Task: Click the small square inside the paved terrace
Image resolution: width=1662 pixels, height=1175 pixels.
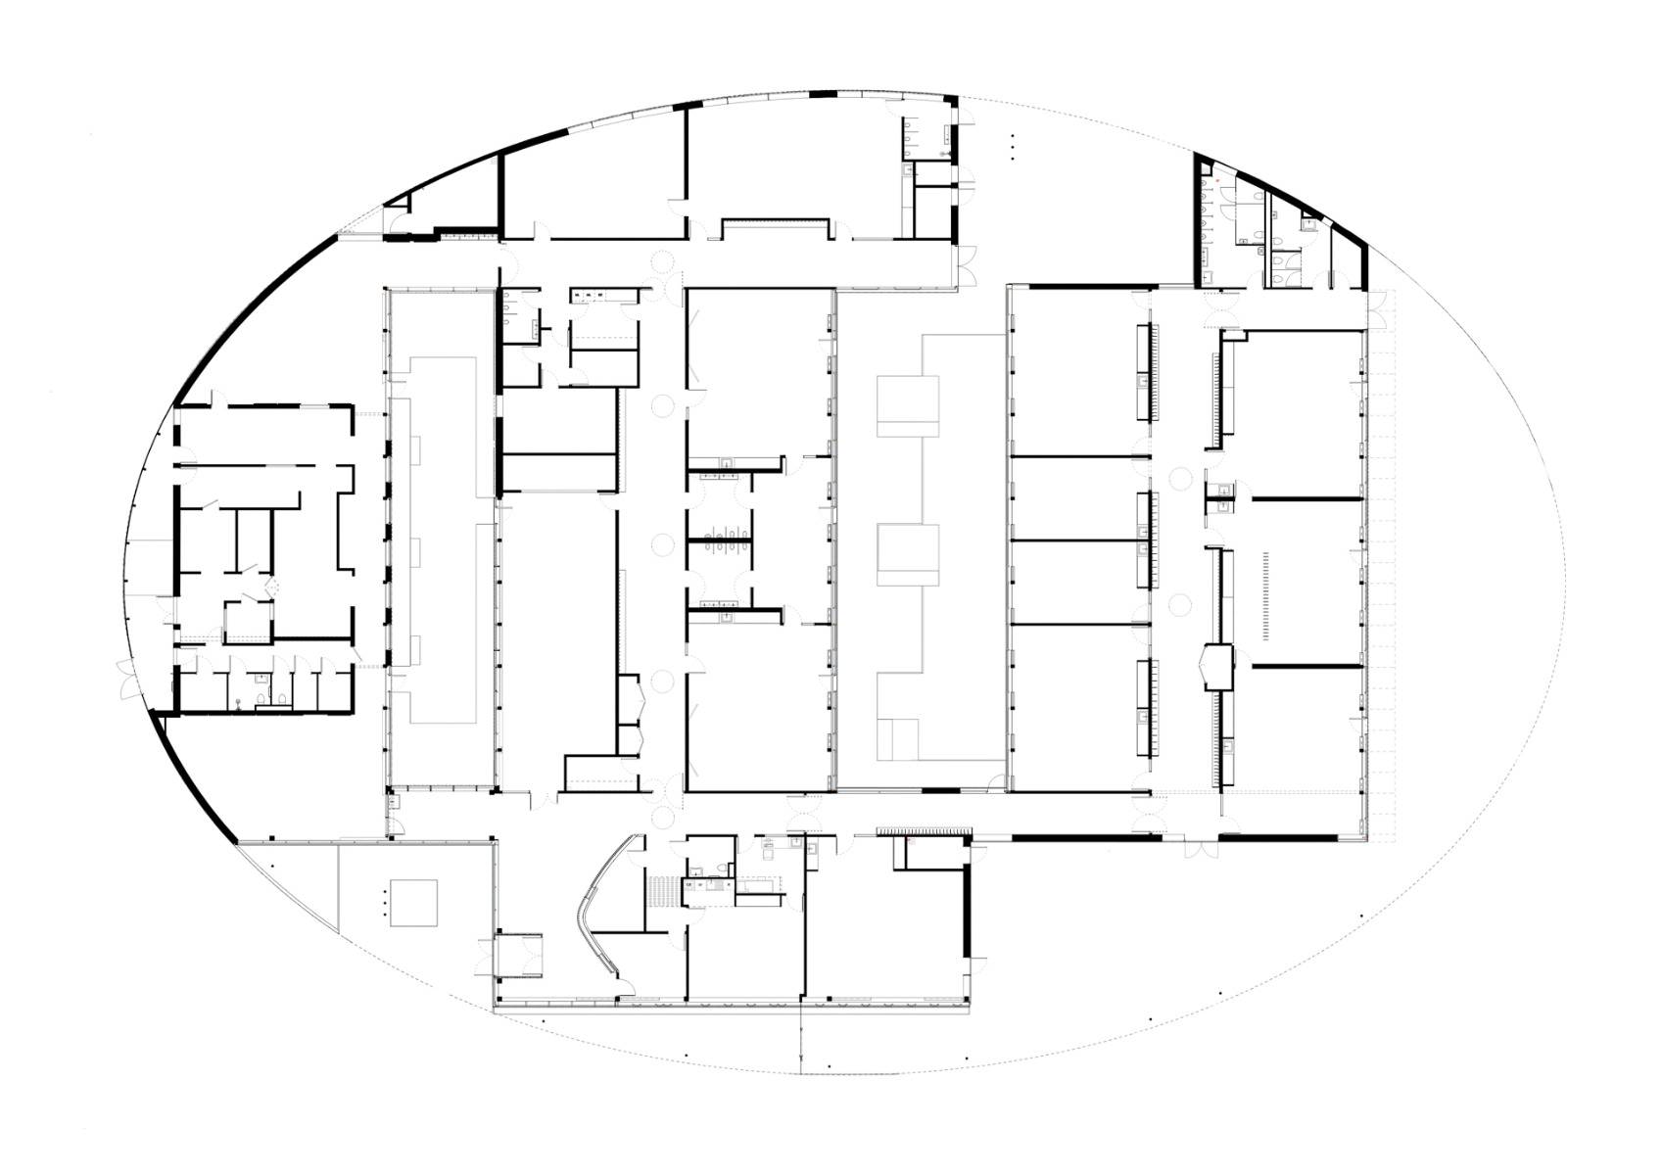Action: (413, 902)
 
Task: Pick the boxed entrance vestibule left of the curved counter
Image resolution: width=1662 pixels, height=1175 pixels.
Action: (520, 955)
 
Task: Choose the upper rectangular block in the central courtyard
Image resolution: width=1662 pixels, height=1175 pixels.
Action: (908, 405)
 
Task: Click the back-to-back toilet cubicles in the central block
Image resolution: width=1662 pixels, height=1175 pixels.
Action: (719, 539)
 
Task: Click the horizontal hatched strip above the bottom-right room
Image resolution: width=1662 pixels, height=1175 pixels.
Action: (923, 830)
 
